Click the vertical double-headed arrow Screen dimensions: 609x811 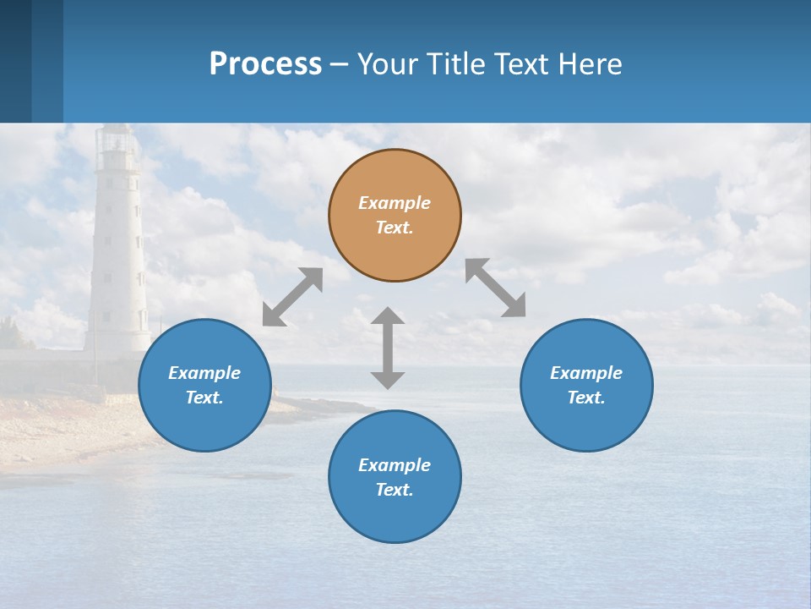pos(388,348)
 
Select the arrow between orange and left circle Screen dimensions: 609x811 pos(292,297)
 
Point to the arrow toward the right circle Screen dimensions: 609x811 pos(496,288)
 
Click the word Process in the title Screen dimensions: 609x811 pos(265,63)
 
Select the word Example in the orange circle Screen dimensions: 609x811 pos(395,203)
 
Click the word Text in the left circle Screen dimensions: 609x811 pos(204,398)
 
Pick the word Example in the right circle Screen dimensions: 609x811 pos(586,373)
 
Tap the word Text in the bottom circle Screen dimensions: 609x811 pos(395,490)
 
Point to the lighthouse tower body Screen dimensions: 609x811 pos(117,262)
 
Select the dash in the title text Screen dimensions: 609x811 pos(340,65)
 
